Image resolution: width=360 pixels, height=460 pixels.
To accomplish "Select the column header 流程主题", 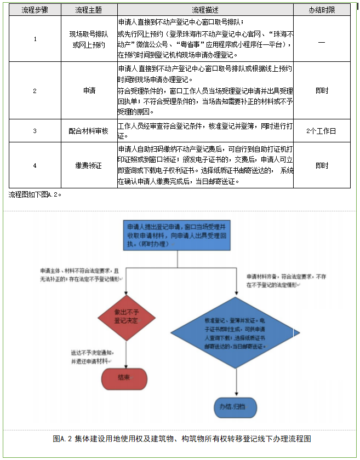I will (x=88, y=10).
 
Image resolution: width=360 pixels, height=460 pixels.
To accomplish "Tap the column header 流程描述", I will (x=205, y=10).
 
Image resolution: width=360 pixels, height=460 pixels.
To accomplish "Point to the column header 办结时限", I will (x=321, y=10).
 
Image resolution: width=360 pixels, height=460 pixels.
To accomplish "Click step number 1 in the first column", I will (x=35, y=39).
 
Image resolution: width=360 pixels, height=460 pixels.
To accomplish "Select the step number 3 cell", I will (x=35, y=131).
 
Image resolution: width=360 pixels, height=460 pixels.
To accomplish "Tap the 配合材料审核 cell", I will (x=88, y=131).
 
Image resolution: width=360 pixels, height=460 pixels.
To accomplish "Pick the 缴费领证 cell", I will (x=88, y=165).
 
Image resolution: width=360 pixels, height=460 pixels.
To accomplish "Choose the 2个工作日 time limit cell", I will (x=321, y=131).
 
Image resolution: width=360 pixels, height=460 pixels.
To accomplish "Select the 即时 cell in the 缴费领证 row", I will (x=321, y=165).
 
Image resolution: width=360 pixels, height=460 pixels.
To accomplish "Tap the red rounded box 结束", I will (x=124, y=378).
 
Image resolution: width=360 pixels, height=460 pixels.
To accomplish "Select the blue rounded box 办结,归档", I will (x=236, y=406).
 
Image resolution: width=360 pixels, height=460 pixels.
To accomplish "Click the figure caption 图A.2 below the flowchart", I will (x=182, y=439).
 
